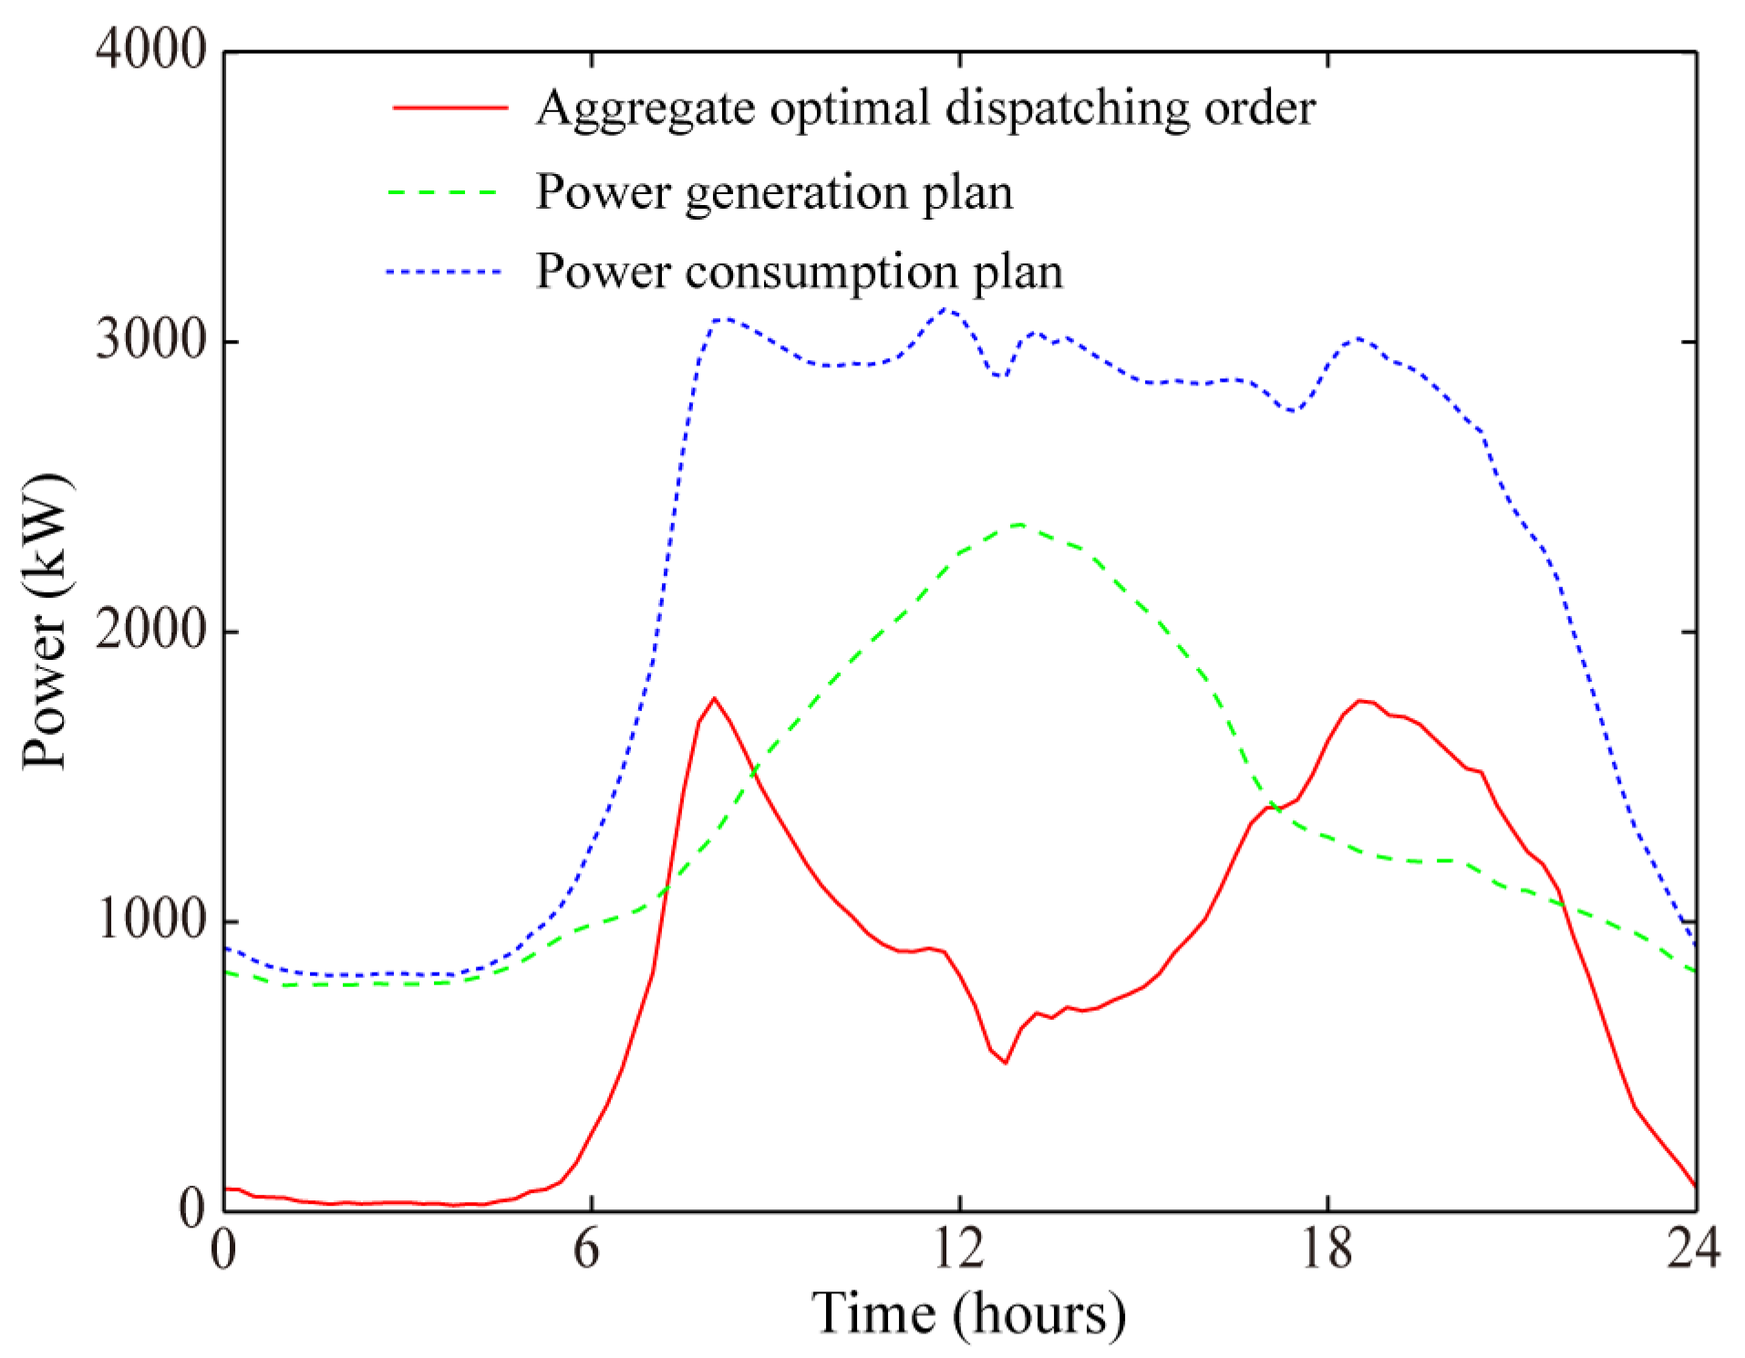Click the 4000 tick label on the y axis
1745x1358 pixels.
tap(151, 49)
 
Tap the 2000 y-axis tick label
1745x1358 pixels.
tap(151, 630)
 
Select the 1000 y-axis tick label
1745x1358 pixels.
tap(151, 920)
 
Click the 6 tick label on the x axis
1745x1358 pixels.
tap(588, 1249)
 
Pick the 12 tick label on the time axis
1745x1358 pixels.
tap(958, 1249)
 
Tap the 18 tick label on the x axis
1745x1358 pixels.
tap(1327, 1249)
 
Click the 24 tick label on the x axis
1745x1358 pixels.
tap(1693, 1249)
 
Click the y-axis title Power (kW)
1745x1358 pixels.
tap(46, 622)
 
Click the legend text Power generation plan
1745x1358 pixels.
tap(774, 192)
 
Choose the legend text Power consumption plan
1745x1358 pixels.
tap(799, 272)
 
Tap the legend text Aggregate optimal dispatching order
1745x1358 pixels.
tap(924, 108)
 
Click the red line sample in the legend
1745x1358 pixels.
tap(450, 108)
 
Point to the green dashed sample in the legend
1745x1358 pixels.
tap(444, 193)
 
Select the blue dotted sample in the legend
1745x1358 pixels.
tap(444, 272)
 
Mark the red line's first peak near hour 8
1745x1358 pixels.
tap(714, 698)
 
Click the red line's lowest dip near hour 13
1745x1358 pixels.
tap(1005, 1063)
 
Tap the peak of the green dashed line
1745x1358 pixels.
tap(1019, 524)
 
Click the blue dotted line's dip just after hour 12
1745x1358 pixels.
tap(1001, 376)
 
